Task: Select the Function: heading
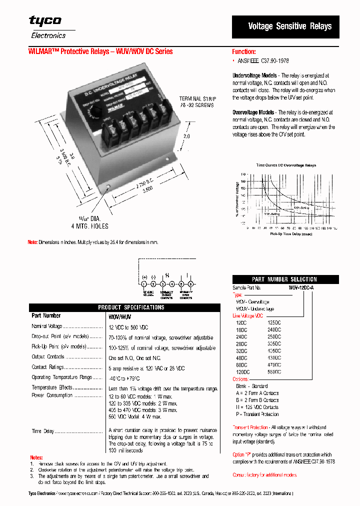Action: pyautogui.click(x=244, y=51)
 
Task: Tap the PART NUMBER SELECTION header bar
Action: pyautogui.click(x=284, y=279)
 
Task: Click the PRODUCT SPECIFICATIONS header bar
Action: pyautogui.click(x=124, y=307)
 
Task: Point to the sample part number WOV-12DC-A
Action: pyautogui.click(x=301, y=288)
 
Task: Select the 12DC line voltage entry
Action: pyautogui.click(x=241, y=323)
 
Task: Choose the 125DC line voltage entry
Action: pyautogui.click(x=274, y=323)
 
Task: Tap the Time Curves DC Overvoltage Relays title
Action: pyautogui.click(x=286, y=164)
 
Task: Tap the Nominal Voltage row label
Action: pyautogui.click(x=47, y=326)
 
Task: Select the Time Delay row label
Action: pyautogui.click(x=43, y=431)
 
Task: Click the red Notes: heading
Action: pyautogui.click(x=36, y=457)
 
